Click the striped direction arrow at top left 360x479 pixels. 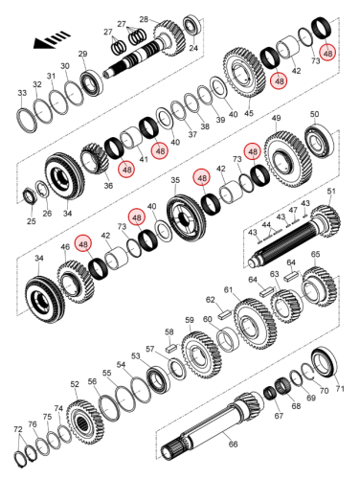pyautogui.click(x=52, y=39)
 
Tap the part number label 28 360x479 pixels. pyautogui.click(x=144, y=19)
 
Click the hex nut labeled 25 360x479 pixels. pyautogui.click(x=31, y=195)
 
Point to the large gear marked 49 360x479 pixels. pyautogui.click(x=287, y=160)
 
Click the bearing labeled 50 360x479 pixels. pyautogui.click(x=319, y=143)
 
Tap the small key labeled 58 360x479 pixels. pyautogui.click(x=171, y=347)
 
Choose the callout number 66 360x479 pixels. pyautogui.click(x=233, y=444)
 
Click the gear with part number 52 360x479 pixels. pyautogui.click(x=85, y=422)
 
